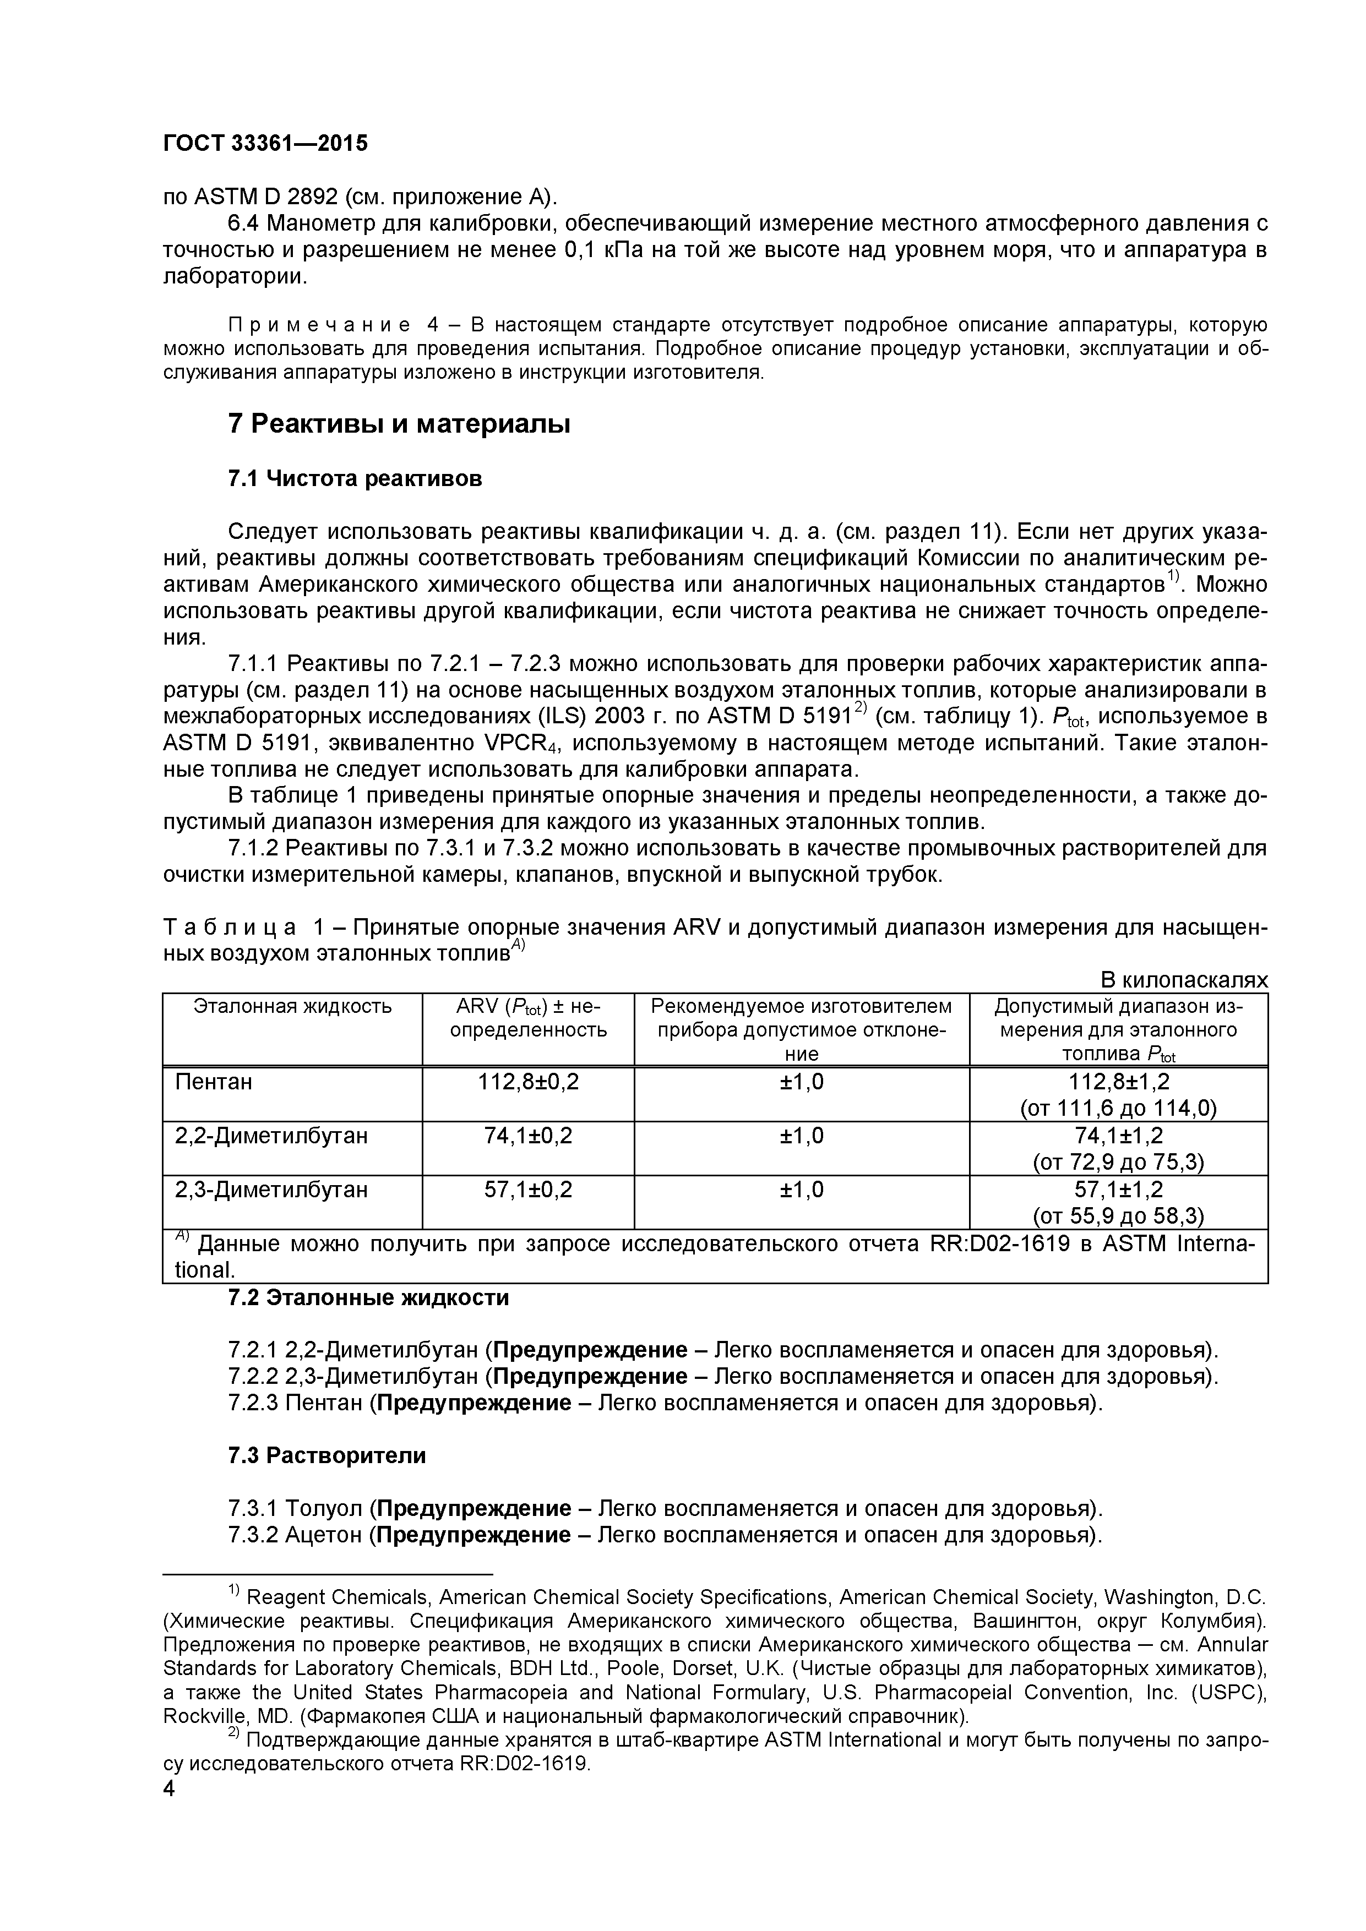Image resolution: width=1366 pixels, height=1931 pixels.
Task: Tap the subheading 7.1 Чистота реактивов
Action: pos(355,478)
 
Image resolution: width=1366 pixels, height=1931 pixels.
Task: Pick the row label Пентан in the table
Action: pos(214,1082)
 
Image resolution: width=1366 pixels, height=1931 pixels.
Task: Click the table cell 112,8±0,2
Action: pos(527,1082)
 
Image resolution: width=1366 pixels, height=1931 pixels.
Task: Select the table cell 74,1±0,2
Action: pos(527,1136)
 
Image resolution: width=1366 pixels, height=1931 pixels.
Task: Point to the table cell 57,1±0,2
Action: pos(527,1190)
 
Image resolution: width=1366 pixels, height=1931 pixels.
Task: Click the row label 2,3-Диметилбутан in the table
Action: pos(271,1190)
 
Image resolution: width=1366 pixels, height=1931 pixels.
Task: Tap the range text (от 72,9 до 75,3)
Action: pos(1118,1163)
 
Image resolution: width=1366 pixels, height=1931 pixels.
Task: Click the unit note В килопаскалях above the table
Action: pos(1183,981)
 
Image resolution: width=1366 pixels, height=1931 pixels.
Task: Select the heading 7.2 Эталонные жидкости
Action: pos(368,1298)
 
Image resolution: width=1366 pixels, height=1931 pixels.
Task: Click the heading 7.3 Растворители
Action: pos(326,1456)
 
